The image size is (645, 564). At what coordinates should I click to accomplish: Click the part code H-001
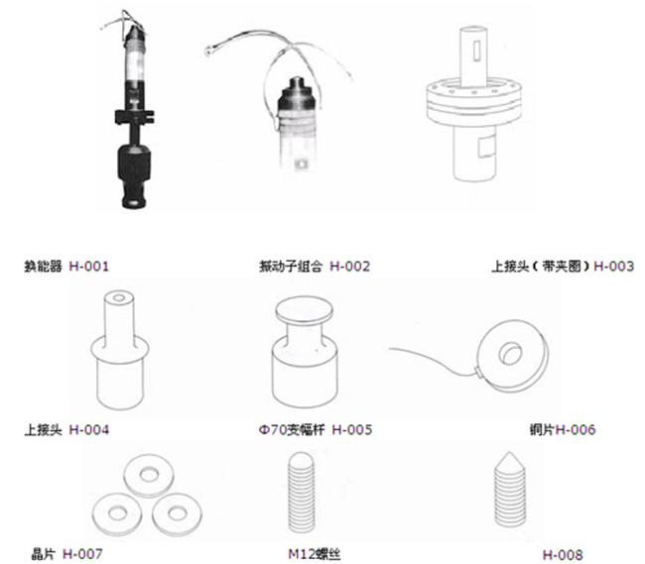tap(89, 267)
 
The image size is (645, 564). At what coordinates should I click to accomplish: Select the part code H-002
tap(350, 267)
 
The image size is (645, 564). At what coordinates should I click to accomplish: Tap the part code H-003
tap(613, 267)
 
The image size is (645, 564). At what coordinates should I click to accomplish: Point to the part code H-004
tap(89, 429)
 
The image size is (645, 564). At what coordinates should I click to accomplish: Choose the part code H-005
tap(352, 429)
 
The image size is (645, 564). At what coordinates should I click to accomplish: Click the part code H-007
tap(82, 554)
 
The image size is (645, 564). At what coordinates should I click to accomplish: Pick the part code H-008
tap(563, 555)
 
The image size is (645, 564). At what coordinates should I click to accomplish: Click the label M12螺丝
tap(315, 554)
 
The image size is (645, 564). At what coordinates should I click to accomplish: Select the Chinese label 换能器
tap(44, 267)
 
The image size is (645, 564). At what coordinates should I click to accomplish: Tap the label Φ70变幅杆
tap(292, 429)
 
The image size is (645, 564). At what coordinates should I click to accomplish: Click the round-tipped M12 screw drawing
tap(302, 492)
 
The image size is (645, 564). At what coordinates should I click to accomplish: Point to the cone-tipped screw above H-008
tap(510, 490)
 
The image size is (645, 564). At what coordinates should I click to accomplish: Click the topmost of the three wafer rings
tap(149, 475)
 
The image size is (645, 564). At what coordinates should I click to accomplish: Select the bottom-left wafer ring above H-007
tap(117, 513)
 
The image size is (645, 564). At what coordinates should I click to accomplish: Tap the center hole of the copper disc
tap(510, 353)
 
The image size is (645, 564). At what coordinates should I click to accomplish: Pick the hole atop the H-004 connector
tap(119, 297)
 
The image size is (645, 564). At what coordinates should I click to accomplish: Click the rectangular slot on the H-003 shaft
tap(476, 51)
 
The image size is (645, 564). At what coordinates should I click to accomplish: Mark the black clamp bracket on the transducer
tap(135, 117)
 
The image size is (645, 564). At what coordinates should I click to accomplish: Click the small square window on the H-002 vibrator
tap(302, 165)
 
